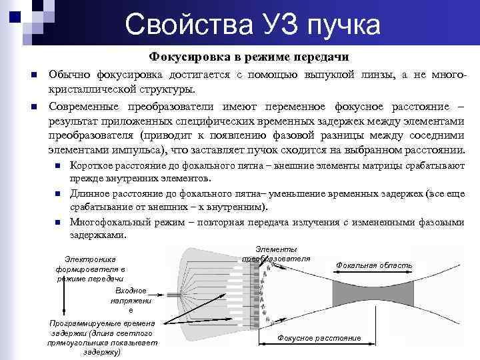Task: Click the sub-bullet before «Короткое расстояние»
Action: point(59,165)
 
